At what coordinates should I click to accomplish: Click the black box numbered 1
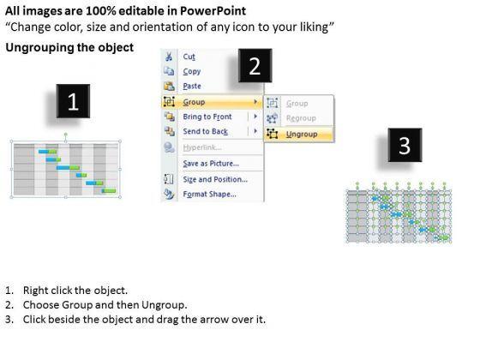pyautogui.click(x=73, y=101)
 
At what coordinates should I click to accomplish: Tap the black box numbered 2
pyautogui.click(x=255, y=65)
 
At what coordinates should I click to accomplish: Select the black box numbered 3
pyautogui.click(x=405, y=145)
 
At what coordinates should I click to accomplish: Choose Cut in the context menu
pyautogui.click(x=189, y=57)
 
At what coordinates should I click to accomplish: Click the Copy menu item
pyautogui.click(x=192, y=71)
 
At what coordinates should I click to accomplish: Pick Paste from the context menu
pyautogui.click(x=192, y=86)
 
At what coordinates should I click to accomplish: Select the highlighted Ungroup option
pyautogui.click(x=302, y=134)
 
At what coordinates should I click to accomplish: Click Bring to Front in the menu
pyautogui.click(x=207, y=117)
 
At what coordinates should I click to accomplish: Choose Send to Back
pyautogui.click(x=205, y=131)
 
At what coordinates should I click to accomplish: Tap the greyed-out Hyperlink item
pyautogui.click(x=202, y=147)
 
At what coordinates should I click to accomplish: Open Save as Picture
pyautogui.click(x=211, y=164)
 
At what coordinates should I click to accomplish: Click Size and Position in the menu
pyautogui.click(x=215, y=179)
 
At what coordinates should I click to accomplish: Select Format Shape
pyautogui.click(x=210, y=194)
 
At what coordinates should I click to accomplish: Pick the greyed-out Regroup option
pyautogui.click(x=301, y=118)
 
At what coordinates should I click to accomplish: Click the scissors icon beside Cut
pyautogui.click(x=169, y=57)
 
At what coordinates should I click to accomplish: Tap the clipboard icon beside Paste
pyautogui.click(x=169, y=86)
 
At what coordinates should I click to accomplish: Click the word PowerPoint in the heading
pyautogui.click(x=213, y=11)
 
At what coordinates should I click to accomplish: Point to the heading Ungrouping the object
pyautogui.click(x=69, y=47)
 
